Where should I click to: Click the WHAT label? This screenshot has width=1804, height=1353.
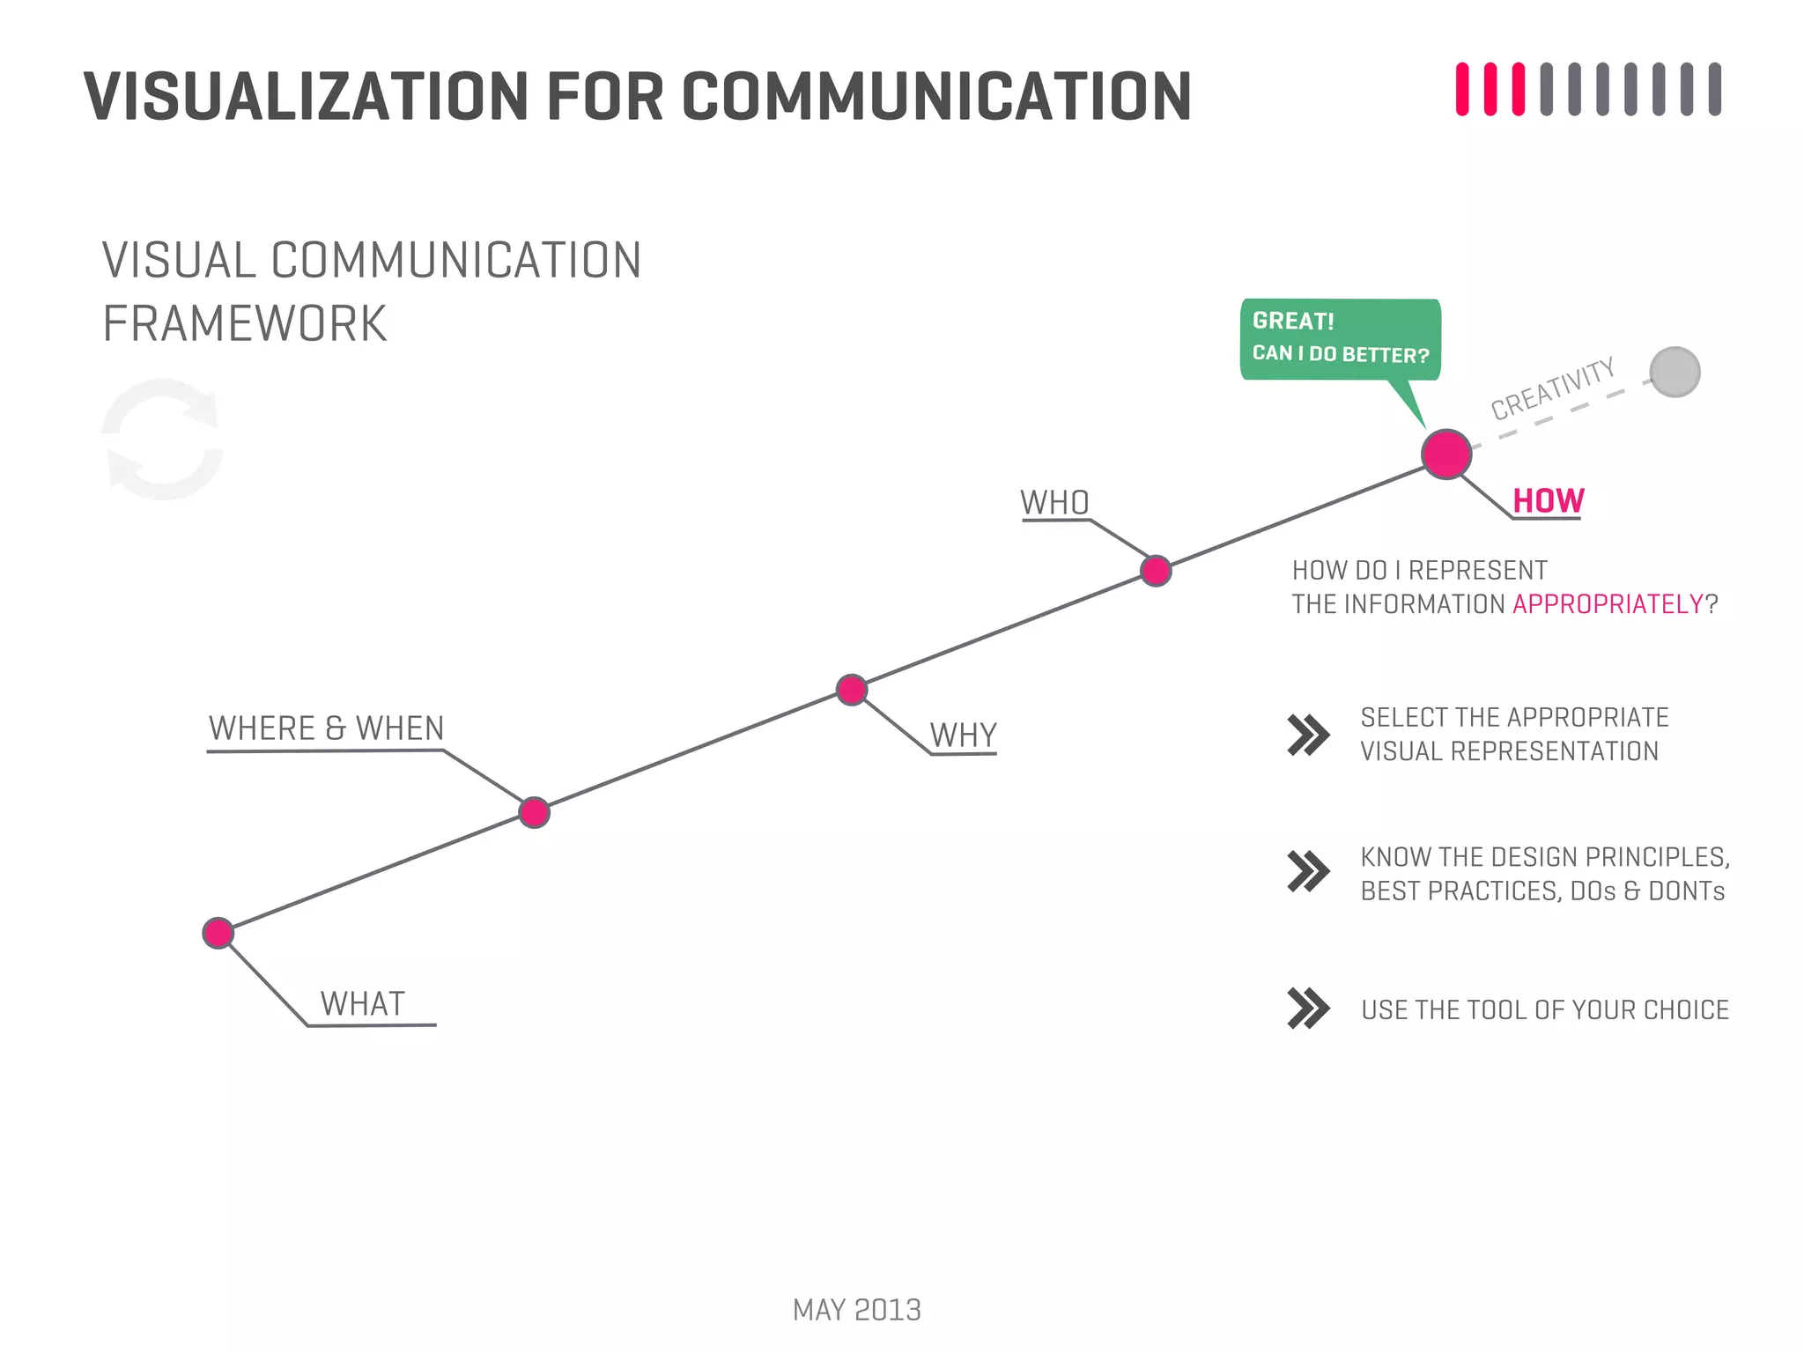click(362, 1004)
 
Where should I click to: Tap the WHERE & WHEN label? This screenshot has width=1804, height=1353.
click(326, 728)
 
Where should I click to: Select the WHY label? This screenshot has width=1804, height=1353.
click(963, 735)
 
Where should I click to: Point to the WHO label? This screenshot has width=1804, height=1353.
click(1054, 503)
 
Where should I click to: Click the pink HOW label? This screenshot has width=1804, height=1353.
click(1548, 501)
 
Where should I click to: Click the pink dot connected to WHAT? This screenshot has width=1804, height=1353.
click(218, 933)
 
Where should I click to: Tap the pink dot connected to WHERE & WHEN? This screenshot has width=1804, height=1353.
click(534, 812)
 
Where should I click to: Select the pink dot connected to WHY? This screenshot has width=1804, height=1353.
click(852, 690)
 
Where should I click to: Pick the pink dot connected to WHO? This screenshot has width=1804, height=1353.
click(1156, 571)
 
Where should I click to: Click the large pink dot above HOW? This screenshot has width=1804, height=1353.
click(1446, 455)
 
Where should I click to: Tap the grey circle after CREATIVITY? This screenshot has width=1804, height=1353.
click(1675, 372)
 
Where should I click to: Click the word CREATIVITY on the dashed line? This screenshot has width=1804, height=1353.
click(1552, 388)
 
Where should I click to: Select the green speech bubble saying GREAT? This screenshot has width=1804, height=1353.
click(1340, 339)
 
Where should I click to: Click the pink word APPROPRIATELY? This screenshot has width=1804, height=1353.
click(1608, 604)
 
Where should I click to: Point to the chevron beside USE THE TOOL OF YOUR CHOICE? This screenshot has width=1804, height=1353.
click(1308, 1009)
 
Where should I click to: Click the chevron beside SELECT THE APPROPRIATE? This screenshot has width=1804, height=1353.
click(1308, 735)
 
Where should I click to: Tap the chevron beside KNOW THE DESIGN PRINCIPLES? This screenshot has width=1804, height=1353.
click(1308, 872)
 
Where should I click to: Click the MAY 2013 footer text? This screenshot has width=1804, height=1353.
click(856, 1310)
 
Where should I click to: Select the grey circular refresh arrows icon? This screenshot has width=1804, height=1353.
click(163, 439)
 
